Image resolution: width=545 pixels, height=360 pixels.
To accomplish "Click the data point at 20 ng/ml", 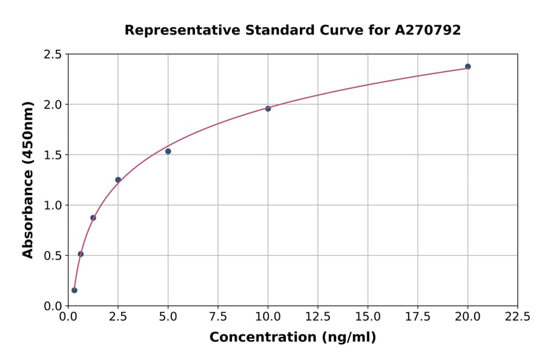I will click(467, 67).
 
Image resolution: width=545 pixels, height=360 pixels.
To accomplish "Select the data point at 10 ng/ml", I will click(268, 108).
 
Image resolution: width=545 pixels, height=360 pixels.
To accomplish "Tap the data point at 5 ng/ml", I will click(168, 151).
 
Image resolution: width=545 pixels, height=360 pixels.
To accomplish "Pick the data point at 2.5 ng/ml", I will click(118, 179).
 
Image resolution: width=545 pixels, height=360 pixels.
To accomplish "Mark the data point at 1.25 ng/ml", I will click(93, 218).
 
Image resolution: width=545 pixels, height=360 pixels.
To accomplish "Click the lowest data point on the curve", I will click(74, 290).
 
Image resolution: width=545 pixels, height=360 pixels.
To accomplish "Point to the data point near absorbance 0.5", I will click(81, 254).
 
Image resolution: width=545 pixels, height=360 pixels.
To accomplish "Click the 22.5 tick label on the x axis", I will click(517, 316).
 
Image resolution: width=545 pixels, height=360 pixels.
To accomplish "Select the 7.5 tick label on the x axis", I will click(218, 316).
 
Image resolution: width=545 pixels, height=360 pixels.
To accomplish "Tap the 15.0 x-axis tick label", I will click(368, 316).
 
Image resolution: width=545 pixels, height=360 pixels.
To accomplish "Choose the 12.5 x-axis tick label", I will click(317, 316).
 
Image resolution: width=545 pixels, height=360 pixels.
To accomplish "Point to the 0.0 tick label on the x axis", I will click(68, 316).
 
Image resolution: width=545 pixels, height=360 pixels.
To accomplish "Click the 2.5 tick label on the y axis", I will click(53, 55).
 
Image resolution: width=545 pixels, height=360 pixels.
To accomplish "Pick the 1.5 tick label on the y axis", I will click(53, 155).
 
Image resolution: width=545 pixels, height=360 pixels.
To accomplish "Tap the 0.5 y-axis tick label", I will click(53, 256).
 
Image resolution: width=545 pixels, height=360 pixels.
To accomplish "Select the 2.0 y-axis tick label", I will click(53, 105).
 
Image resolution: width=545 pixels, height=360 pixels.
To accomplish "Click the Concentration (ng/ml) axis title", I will click(292, 338).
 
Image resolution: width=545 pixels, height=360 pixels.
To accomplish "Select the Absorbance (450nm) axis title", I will click(28, 180).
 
